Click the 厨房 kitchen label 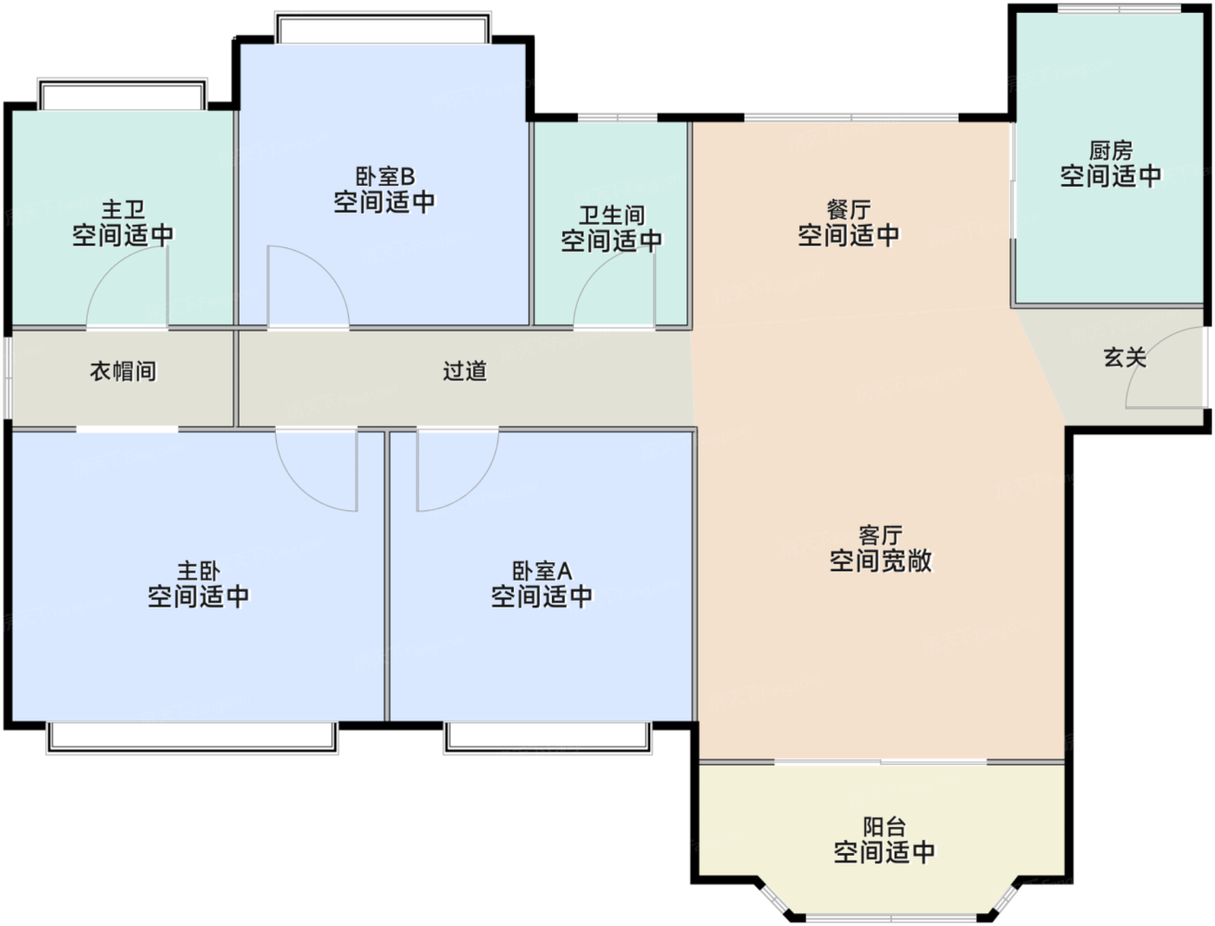coord(1110,150)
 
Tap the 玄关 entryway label coord(1125,357)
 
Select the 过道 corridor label coord(464,371)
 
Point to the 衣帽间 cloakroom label coord(123,371)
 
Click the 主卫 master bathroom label coord(123,210)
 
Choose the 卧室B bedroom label coord(385,176)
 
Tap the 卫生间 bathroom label coord(612,215)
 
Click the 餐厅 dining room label coord(849,210)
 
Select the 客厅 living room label coord(881,535)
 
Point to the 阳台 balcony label coord(884,827)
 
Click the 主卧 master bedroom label coord(199,571)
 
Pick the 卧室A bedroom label coord(542,571)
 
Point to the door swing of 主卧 coord(299,488)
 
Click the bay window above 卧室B coord(383,28)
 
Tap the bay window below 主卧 coord(192,738)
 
